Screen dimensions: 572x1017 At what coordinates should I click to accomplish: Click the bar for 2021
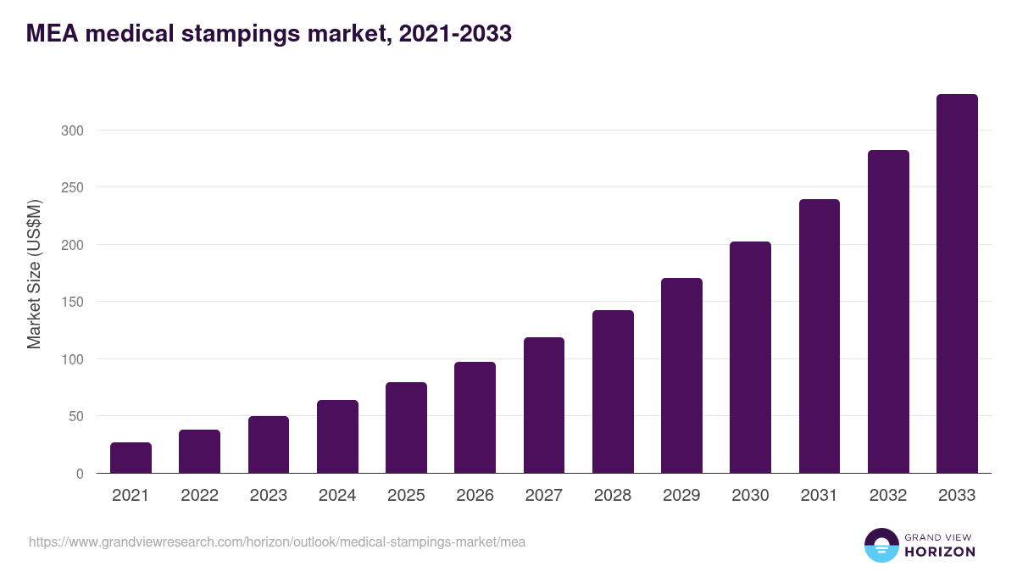(131, 458)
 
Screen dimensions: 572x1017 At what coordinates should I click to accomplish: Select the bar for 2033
(957, 284)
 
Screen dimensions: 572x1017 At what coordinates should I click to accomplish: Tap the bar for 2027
(544, 405)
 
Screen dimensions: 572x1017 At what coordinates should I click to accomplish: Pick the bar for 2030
(750, 358)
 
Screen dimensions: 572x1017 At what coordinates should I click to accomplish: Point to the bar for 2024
(337, 436)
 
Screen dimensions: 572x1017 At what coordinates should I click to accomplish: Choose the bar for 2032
(888, 312)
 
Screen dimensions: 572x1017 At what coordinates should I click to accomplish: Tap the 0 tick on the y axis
(80, 474)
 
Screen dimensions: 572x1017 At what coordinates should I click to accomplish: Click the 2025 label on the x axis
(406, 496)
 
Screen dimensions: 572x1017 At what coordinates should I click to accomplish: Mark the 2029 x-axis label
(681, 496)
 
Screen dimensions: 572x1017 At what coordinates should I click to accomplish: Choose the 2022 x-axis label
(199, 496)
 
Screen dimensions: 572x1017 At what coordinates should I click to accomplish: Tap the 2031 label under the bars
(820, 496)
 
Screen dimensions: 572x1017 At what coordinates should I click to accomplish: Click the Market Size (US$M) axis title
(34, 273)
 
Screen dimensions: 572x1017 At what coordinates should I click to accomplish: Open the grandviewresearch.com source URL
(277, 541)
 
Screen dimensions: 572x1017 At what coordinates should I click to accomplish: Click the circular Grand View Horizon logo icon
(881, 545)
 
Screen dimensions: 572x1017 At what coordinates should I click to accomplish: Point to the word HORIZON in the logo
(940, 552)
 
